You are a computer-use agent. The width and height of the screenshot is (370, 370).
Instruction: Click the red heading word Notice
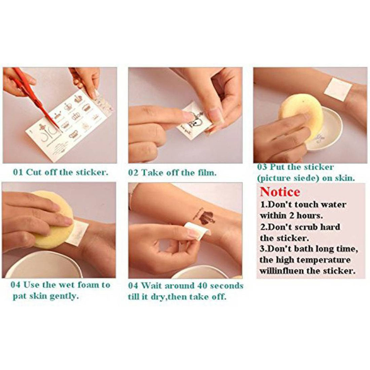tap(280, 192)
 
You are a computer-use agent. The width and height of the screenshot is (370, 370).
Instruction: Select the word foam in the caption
tap(88, 285)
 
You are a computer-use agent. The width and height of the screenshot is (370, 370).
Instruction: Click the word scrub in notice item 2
tap(312, 227)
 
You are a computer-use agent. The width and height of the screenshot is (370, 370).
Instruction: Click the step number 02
tap(133, 173)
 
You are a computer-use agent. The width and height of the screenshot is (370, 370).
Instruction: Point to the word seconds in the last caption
tap(226, 286)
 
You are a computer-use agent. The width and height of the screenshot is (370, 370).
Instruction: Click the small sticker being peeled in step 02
tap(193, 122)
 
